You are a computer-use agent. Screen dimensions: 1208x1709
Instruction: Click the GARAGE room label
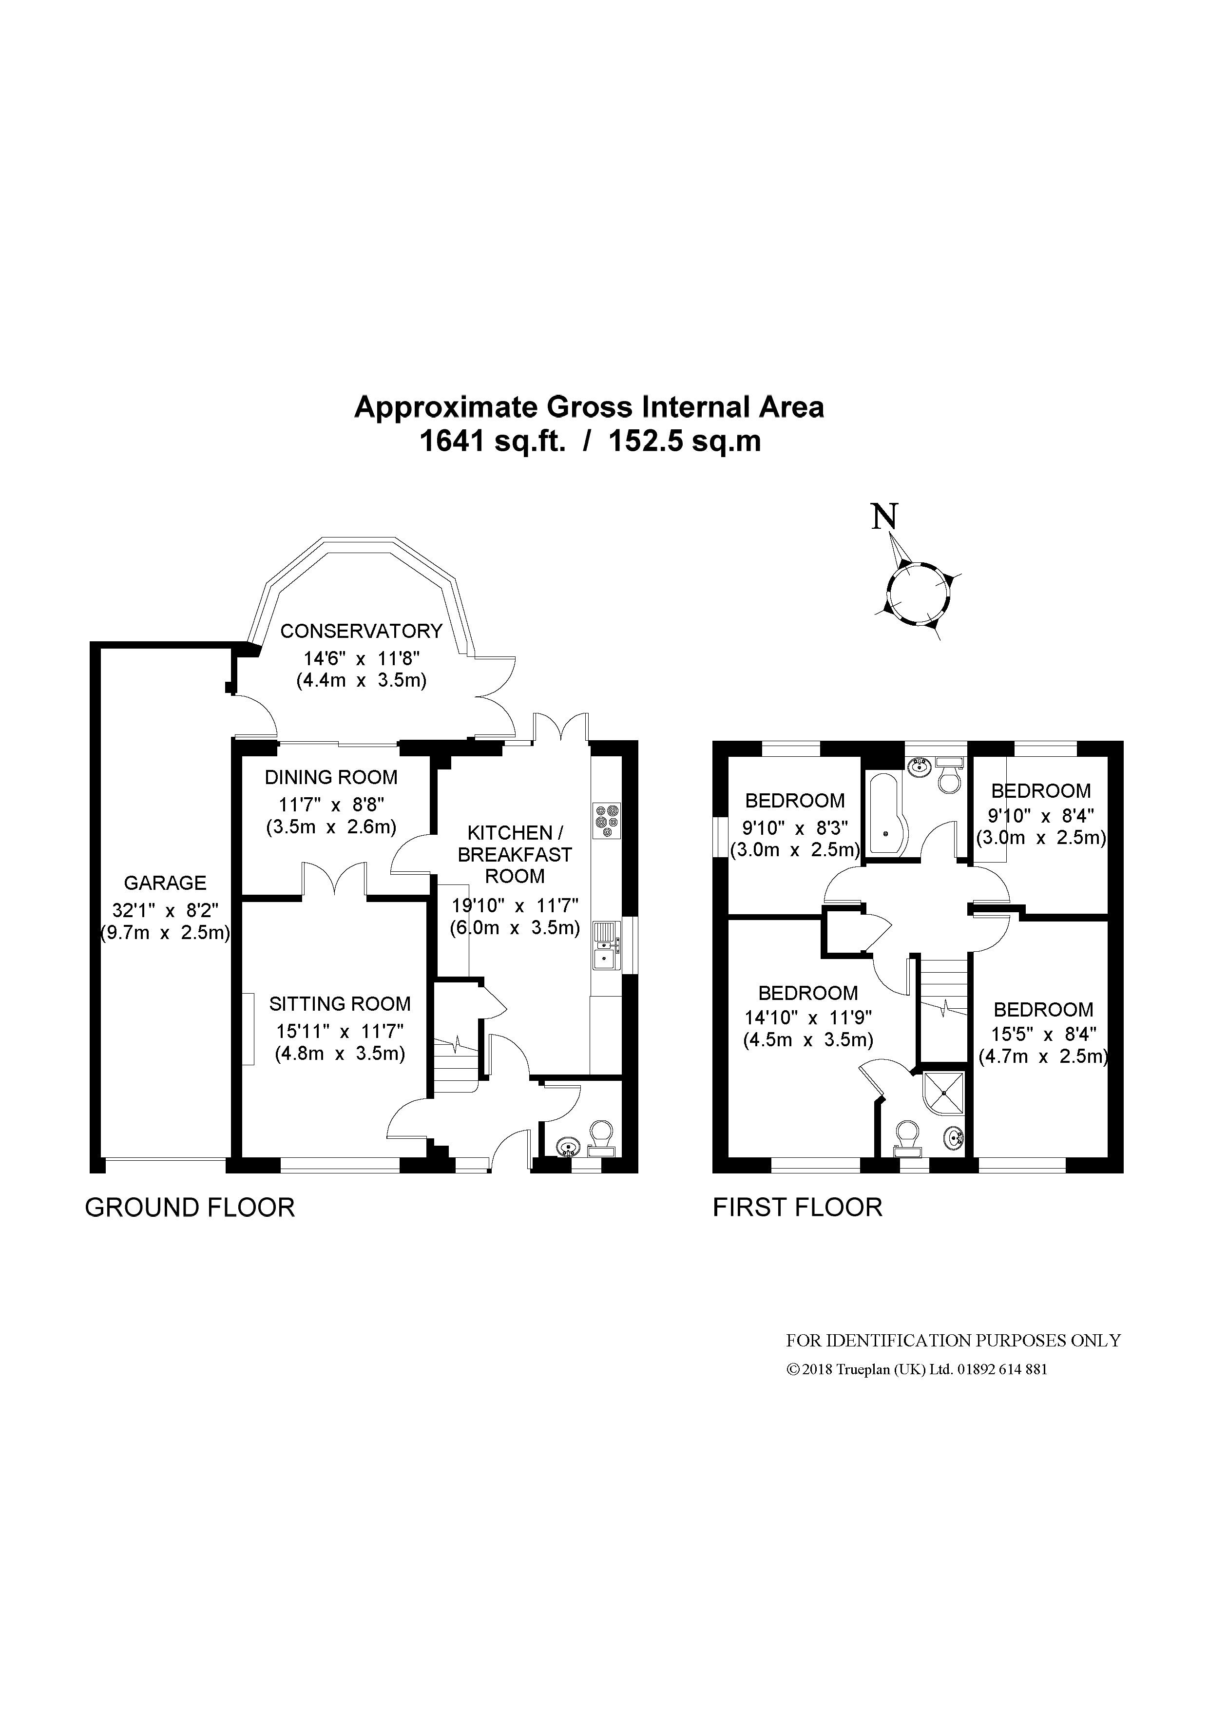pos(165,883)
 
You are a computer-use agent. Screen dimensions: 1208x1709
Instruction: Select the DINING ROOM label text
pos(331,777)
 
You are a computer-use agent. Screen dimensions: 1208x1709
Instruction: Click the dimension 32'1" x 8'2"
pos(165,910)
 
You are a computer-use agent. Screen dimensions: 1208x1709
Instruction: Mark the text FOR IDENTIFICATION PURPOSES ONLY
pos(954,1341)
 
